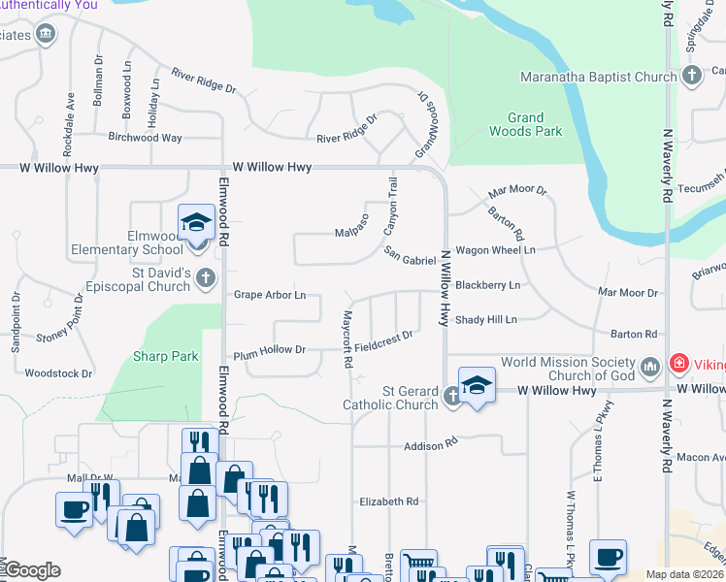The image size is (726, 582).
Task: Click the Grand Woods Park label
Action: [x=525, y=124]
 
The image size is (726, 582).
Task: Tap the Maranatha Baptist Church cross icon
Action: [x=692, y=76]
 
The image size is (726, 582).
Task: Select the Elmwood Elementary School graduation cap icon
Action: [x=196, y=224]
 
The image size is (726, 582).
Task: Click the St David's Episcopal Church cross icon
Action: [x=205, y=279]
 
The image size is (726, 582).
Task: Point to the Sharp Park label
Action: [x=166, y=356]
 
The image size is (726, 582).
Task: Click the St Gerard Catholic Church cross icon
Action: [x=452, y=396]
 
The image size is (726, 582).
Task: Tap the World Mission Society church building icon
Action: [x=650, y=366]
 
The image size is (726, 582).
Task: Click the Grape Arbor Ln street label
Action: [x=270, y=295]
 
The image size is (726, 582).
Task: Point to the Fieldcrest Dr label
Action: [x=384, y=339]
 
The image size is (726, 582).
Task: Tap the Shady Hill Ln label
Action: [x=486, y=319]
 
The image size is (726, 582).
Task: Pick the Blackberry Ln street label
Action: [x=487, y=285]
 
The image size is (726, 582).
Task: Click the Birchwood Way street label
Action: [x=145, y=138]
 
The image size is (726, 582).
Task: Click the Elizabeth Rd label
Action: [x=388, y=501]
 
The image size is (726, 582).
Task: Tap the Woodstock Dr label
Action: [x=58, y=372]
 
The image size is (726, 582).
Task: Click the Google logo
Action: [x=31, y=570]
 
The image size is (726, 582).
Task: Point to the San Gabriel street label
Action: [x=410, y=257]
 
